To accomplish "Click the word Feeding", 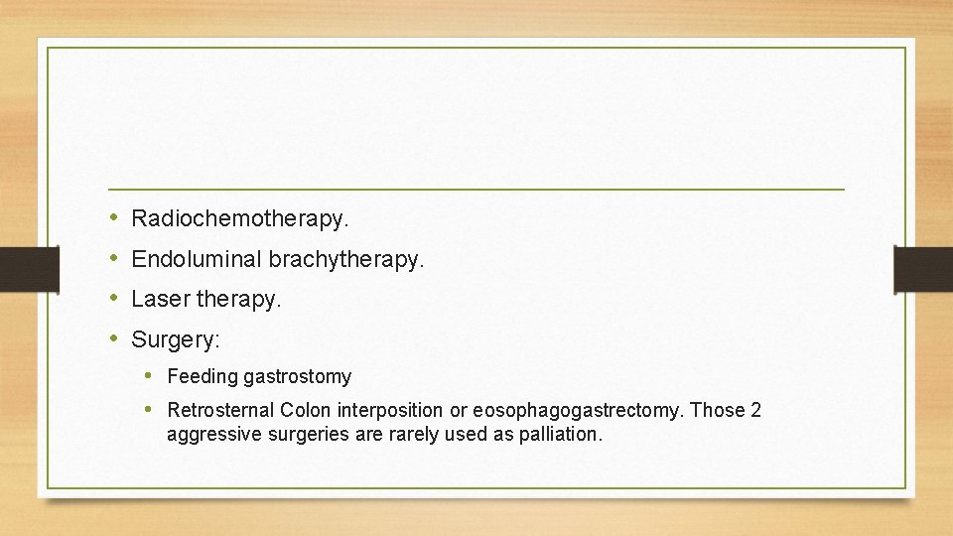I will (x=202, y=377).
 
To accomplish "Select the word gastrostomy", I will (x=297, y=377).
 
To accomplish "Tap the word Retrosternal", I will (x=220, y=410).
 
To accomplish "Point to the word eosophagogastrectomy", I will (x=579, y=410).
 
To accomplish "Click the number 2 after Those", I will (x=755, y=410).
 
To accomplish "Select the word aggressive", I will (x=207, y=435).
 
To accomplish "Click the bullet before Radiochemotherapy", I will (x=114, y=215).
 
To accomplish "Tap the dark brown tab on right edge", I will (x=923, y=268).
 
